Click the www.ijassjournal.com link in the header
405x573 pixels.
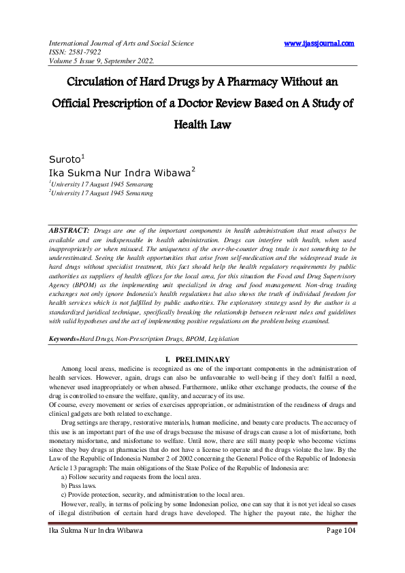pyautogui.click(x=319, y=44)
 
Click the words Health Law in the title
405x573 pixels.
pyautogui.click(x=203, y=125)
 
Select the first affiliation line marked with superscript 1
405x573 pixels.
pyautogui.click(x=101, y=184)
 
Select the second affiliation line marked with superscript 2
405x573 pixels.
pyautogui.click(x=101, y=193)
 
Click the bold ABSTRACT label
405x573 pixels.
pyautogui.click(x=69, y=232)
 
